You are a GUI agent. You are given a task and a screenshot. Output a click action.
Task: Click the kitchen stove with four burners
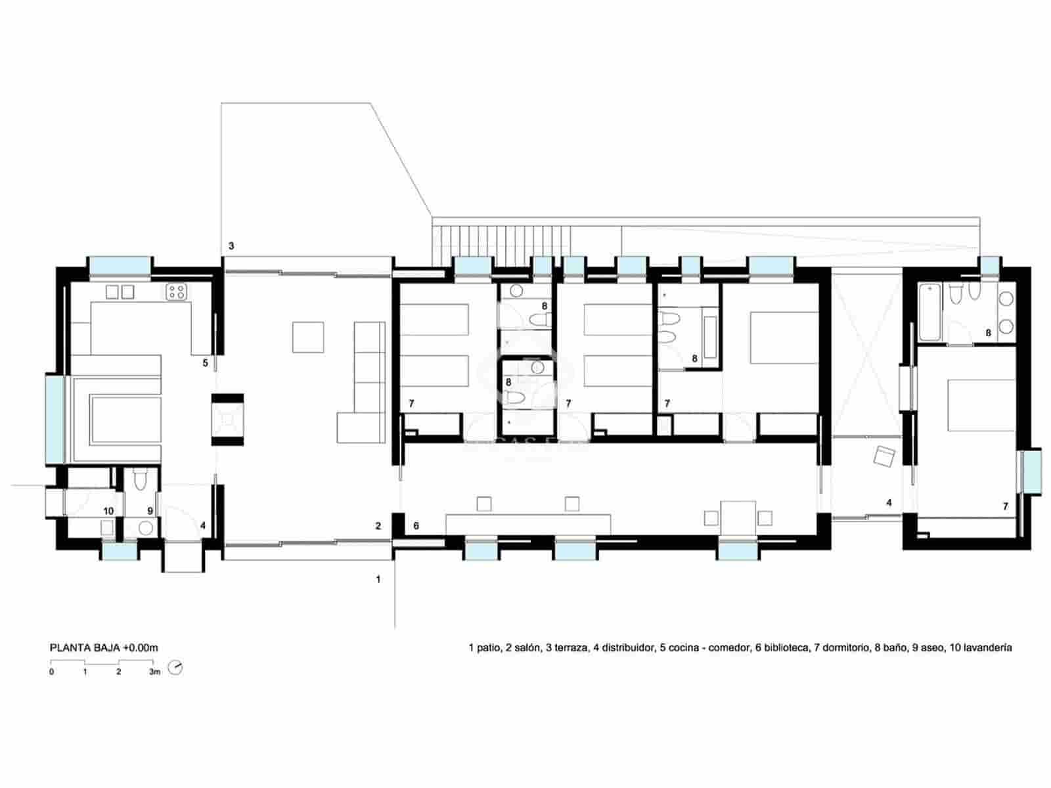point(175,291)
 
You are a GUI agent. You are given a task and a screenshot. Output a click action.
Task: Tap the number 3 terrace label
point(231,246)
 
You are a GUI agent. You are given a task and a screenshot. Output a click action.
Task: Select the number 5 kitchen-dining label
point(205,363)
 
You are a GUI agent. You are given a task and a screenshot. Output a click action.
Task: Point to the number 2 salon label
point(378,526)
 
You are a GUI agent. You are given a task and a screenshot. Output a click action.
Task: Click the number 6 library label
point(416,526)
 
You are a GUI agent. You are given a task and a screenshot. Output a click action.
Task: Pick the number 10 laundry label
point(108,511)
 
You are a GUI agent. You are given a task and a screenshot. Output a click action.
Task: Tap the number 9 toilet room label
point(150,511)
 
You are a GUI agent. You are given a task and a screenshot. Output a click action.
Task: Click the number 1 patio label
point(378,580)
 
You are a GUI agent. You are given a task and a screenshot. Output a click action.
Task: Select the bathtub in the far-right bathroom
point(929,312)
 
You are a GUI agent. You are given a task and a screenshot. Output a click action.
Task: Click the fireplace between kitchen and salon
point(227,418)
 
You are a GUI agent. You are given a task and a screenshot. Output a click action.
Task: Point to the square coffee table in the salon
point(308,337)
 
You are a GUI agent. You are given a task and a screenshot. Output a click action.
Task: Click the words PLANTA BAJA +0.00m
point(104,648)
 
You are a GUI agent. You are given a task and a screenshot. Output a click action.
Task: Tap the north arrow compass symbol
point(175,668)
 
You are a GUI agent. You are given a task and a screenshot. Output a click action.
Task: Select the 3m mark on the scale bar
point(154,672)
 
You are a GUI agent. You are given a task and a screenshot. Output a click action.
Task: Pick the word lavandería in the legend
point(987,648)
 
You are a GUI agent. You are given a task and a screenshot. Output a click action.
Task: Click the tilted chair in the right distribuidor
point(884,456)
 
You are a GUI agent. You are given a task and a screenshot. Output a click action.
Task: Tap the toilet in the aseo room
point(140,481)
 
